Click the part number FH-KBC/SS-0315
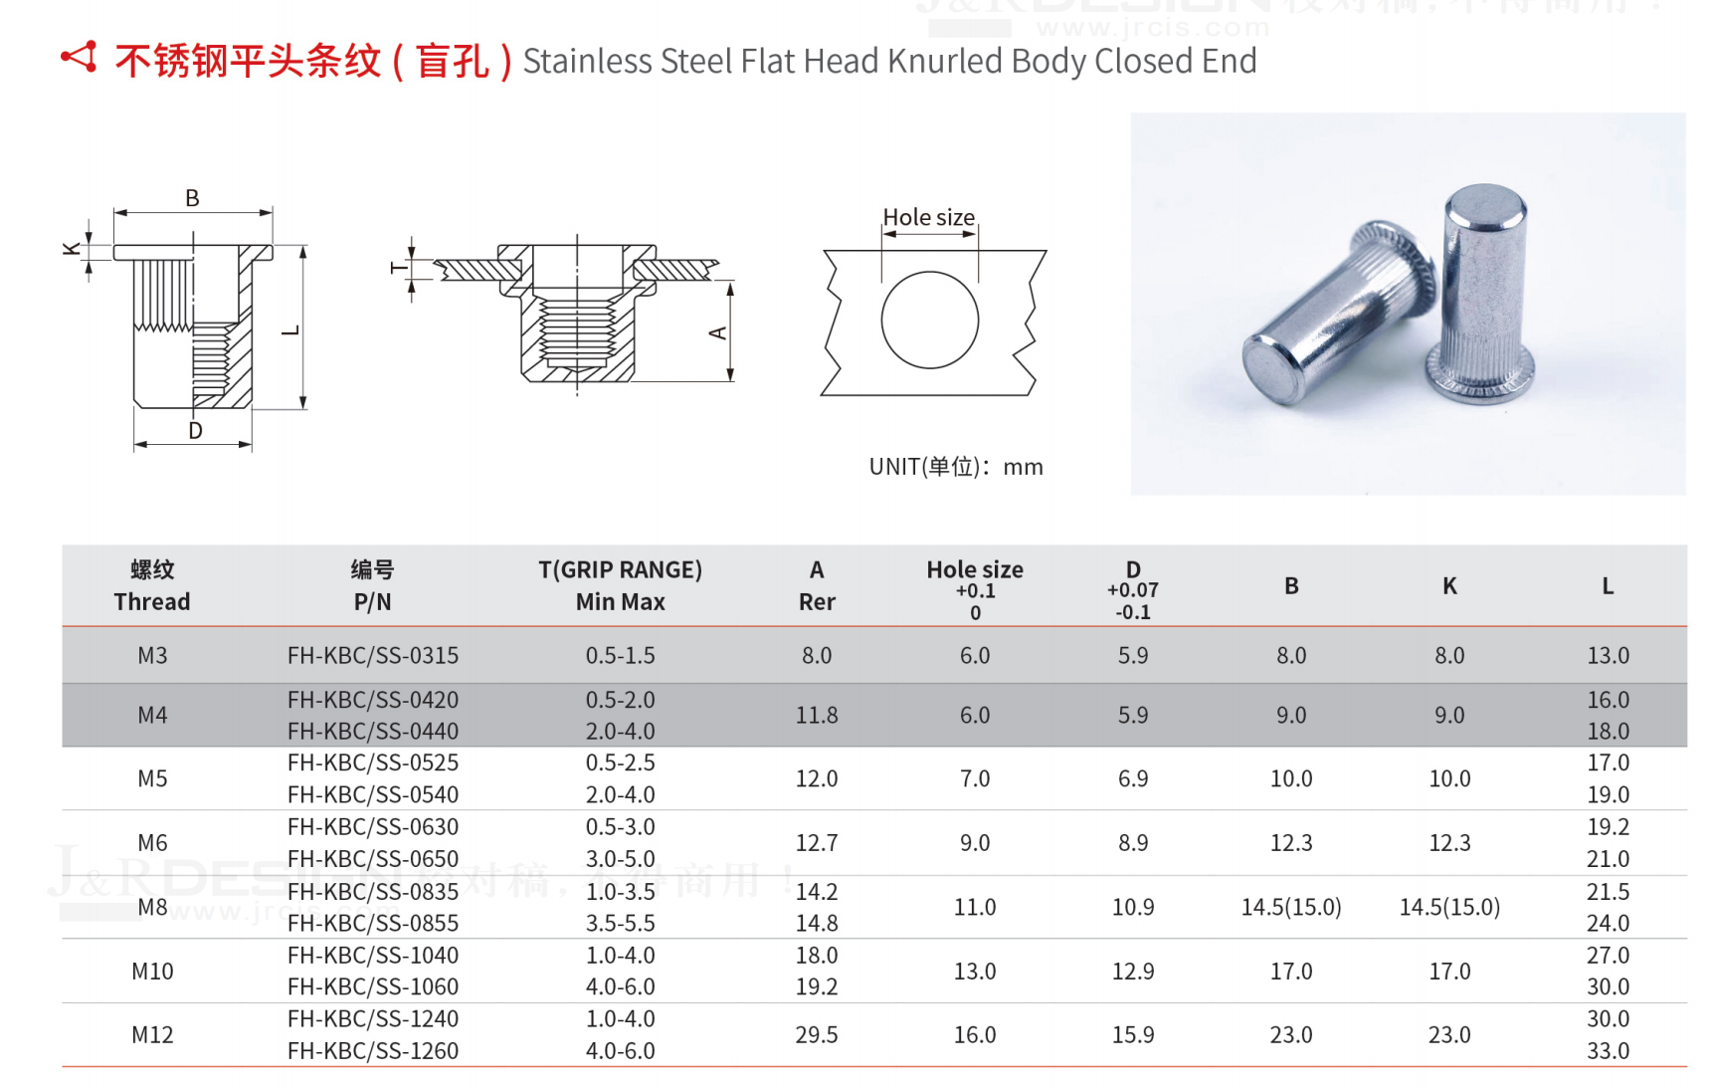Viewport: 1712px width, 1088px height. coord(373,655)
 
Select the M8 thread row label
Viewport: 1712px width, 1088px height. coord(152,907)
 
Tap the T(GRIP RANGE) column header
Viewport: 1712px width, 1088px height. coord(620,570)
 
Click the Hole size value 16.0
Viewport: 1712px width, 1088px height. coord(974,1034)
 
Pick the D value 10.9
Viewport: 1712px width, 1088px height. coord(1132,907)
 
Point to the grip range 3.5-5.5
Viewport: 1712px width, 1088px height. coord(620,923)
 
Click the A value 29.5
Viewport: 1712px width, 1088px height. coord(816,1034)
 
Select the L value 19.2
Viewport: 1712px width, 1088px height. coord(1608,826)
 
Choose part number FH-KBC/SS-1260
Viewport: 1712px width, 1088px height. coord(373,1050)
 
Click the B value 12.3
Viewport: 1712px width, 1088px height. coord(1290,843)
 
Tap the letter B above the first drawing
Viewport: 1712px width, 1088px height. coord(192,198)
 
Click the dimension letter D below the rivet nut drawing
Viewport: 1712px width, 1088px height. coord(195,430)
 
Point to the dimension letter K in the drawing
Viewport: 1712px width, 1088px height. coord(72,249)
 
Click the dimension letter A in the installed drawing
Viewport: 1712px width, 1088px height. coord(717,333)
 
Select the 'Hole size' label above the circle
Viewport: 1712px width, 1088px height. coord(928,217)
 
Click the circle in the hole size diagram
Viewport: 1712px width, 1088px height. coord(929,320)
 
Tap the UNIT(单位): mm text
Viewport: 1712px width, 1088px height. coord(955,467)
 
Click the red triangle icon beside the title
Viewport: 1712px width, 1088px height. coord(80,58)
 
